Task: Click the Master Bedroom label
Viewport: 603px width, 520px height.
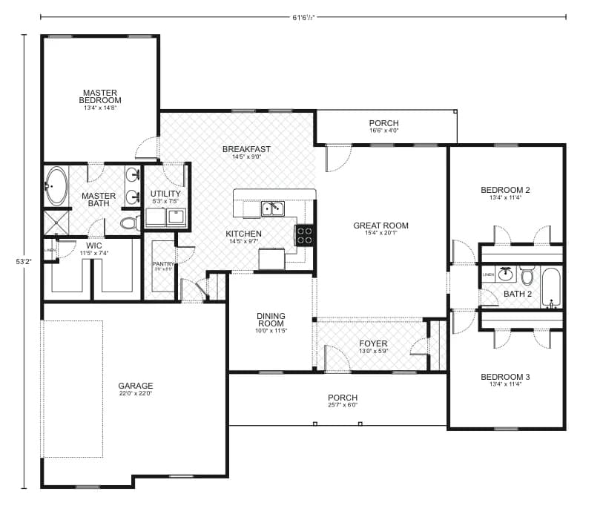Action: coord(101,96)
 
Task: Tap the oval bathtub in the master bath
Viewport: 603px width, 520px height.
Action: coord(56,185)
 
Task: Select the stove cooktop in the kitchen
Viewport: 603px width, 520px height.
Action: coord(305,235)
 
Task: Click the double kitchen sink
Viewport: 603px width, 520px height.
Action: coord(272,209)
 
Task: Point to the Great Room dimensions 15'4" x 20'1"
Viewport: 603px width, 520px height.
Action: coord(380,234)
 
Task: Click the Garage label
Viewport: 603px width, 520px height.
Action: coord(135,386)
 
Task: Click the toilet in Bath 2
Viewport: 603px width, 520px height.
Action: coord(527,277)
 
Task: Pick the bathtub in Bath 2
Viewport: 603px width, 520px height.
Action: coord(551,288)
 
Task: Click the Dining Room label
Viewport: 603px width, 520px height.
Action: coord(271,320)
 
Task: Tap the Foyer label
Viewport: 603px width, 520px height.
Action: coord(373,343)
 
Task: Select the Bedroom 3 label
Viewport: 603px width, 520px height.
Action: coord(505,376)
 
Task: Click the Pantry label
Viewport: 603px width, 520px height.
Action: coord(162,264)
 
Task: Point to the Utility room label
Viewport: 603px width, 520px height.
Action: coord(165,194)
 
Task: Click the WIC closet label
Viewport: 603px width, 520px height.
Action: coord(94,245)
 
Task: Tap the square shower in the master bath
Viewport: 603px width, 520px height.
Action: coord(56,223)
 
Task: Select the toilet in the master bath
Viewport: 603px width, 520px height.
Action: coord(129,222)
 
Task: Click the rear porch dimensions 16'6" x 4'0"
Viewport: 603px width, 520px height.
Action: coord(383,131)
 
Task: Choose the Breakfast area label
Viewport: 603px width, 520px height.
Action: coord(246,149)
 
